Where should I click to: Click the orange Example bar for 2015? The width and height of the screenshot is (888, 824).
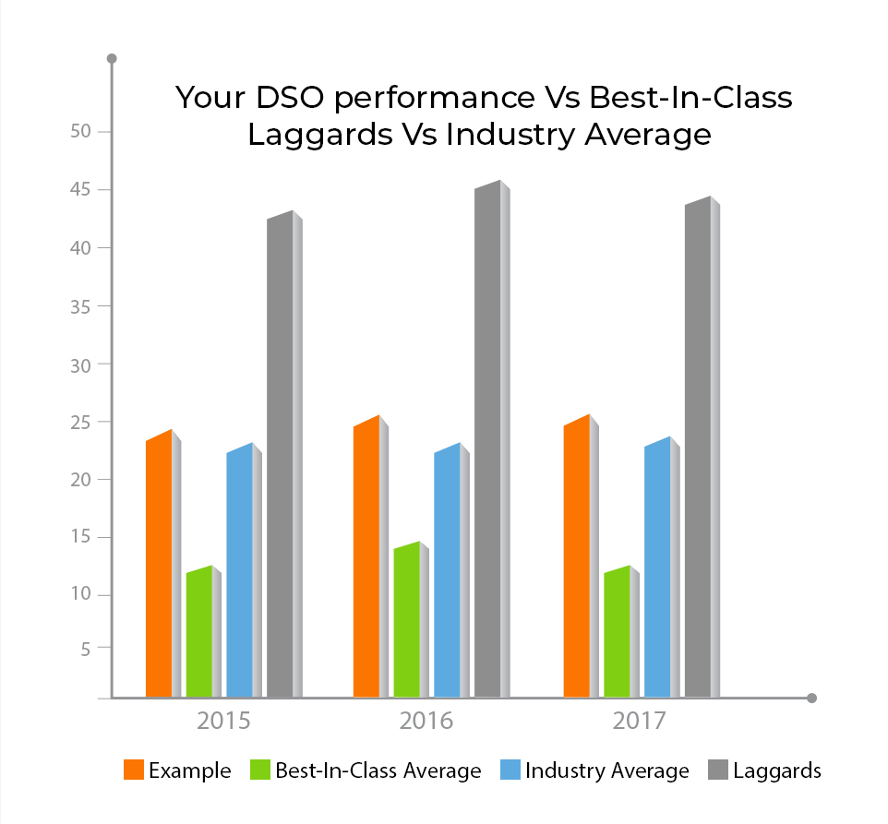pos(159,565)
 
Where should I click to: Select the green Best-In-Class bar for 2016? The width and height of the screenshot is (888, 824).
pos(406,620)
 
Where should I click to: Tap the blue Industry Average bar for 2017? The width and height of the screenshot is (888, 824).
pos(657,568)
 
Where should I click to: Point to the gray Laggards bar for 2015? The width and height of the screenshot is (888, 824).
pos(280,456)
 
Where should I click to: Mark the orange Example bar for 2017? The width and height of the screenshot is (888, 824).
pos(577,557)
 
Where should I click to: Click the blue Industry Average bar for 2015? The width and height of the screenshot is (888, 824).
pos(239,572)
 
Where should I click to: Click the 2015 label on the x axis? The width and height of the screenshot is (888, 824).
pos(223,721)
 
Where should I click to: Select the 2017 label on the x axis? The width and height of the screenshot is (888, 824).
pos(640,721)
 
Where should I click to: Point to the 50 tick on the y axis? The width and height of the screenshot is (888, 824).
pos(84,132)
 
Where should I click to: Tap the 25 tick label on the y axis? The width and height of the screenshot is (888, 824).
pos(84,422)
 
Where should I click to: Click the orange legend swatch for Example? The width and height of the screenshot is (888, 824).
pos(134,770)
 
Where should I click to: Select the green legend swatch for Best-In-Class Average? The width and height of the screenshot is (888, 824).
pos(260,770)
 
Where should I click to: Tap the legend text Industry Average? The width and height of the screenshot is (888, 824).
pos(607,770)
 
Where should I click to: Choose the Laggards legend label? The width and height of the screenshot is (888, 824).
pos(777,770)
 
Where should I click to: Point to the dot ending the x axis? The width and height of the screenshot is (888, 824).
pos(812,699)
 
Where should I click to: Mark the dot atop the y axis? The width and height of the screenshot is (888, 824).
pos(112,59)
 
